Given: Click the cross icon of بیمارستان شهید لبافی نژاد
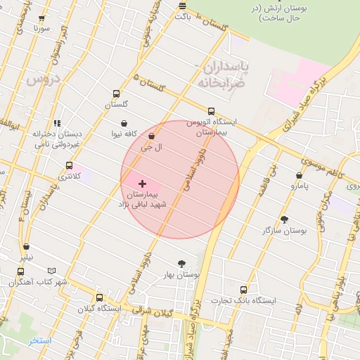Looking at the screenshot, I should [x=143, y=183].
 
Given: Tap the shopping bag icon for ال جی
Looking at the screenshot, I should [x=151, y=136].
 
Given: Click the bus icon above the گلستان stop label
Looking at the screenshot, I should [x=116, y=94].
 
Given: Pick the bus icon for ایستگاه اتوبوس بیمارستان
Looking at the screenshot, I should [x=212, y=110].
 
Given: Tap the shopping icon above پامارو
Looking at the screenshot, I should [x=299, y=175].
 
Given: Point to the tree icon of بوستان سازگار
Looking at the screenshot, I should [x=284, y=219].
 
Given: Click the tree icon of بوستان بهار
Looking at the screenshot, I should [x=183, y=264].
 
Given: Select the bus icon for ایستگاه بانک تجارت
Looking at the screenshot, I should [x=244, y=289].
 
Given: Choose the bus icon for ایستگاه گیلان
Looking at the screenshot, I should [x=99, y=297].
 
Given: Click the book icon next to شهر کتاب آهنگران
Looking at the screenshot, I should [x=51, y=271].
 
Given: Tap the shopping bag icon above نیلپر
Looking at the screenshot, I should [x=26, y=247].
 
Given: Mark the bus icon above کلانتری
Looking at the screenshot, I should [x=68, y=165].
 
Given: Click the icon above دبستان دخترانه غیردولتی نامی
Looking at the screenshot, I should [x=57, y=122].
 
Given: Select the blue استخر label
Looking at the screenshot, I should [x=40, y=341].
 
